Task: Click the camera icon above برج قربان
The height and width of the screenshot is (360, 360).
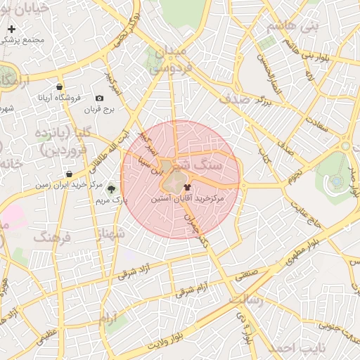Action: tap(99, 98)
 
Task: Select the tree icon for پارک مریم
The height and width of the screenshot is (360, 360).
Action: tap(110, 188)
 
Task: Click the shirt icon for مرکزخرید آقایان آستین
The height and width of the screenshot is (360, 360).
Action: tap(187, 187)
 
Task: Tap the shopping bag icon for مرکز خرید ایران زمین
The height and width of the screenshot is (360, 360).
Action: tap(68, 174)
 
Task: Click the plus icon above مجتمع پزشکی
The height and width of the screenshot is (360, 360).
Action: tap(12, 30)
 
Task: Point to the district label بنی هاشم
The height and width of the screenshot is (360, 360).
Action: tap(292, 27)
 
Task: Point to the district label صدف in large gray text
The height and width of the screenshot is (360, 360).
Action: tap(234, 99)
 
